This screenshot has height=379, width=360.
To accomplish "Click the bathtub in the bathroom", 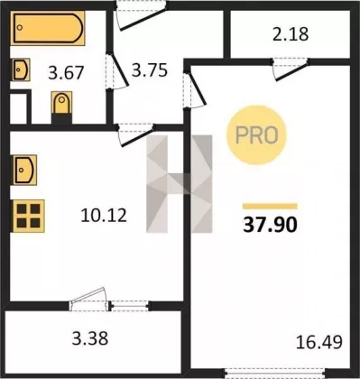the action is tap(48, 28).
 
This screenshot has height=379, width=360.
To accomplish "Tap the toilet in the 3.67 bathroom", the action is tap(61, 103).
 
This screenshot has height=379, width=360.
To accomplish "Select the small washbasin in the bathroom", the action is tap(21, 69).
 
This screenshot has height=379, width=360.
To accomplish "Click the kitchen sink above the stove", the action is tap(24, 170).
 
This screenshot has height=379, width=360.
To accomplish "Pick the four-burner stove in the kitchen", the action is tap(28, 216).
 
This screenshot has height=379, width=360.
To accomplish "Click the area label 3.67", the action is tap(66, 73).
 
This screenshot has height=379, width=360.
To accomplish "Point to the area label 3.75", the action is tap(150, 70).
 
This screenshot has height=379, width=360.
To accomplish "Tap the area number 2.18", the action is tap(291, 34).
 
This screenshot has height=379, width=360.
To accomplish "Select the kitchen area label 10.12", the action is tap(104, 216).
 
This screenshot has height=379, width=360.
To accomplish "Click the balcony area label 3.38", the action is tap(90, 338).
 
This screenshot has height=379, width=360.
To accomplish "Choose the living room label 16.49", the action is tap(319, 342).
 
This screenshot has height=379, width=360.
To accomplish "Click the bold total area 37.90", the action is tap(270, 225).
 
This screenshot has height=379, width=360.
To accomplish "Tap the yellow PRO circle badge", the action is tap(256, 135).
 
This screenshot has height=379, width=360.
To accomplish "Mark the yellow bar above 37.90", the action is tap(270, 206).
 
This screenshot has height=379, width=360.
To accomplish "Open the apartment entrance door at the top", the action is tap(141, 15).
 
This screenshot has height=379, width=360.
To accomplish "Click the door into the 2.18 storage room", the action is tap(291, 69).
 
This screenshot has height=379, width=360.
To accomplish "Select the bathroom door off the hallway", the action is tap(117, 71).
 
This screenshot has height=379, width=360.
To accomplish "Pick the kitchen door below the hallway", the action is tap(136, 134).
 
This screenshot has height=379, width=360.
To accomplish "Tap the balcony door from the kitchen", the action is tap(90, 300).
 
